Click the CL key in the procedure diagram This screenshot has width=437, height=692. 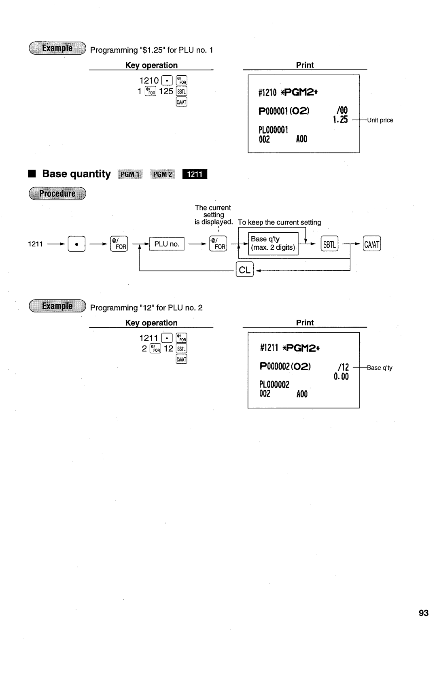click(244, 270)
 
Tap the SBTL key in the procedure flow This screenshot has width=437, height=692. click(329, 244)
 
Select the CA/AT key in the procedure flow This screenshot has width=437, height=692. click(372, 244)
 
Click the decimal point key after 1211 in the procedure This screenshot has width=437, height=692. click(76, 244)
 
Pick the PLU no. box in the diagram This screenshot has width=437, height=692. click(167, 244)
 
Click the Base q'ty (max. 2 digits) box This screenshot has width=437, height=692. click(273, 243)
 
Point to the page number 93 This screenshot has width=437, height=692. click(423, 613)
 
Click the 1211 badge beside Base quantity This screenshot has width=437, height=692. click(195, 174)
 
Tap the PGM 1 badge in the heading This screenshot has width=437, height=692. click(130, 174)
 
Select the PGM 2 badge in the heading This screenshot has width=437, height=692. click(162, 174)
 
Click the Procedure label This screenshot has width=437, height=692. click(57, 193)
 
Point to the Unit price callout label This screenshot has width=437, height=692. click(380, 120)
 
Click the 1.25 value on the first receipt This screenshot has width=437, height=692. click(340, 120)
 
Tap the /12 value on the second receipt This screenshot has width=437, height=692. click(343, 367)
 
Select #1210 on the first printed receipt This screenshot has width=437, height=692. click(268, 93)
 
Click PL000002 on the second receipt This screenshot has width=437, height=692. click(274, 384)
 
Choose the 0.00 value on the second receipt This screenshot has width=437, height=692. click(341, 377)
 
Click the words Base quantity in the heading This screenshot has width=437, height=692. click(76, 174)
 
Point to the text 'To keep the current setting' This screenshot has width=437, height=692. click(279, 222)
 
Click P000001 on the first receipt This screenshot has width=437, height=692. click(274, 110)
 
